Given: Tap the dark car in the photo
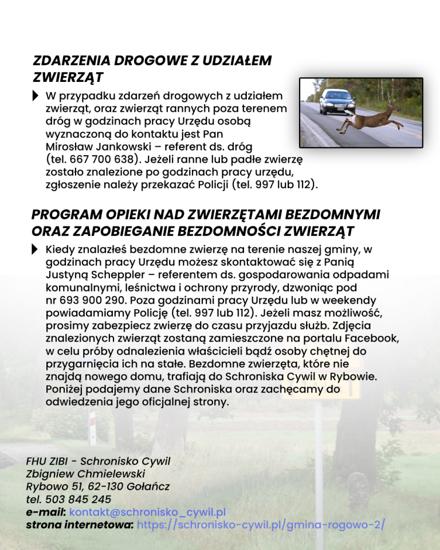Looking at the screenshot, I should pyautogui.click(x=337, y=101).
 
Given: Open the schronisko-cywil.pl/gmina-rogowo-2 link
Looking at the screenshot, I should pyautogui.click(x=261, y=524).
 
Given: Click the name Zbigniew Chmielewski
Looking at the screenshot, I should pyautogui.click(x=85, y=474).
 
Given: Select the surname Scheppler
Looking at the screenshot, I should pyautogui.click(x=115, y=274).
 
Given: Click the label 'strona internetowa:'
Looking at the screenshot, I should pyautogui.click(x=80, y=524).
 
